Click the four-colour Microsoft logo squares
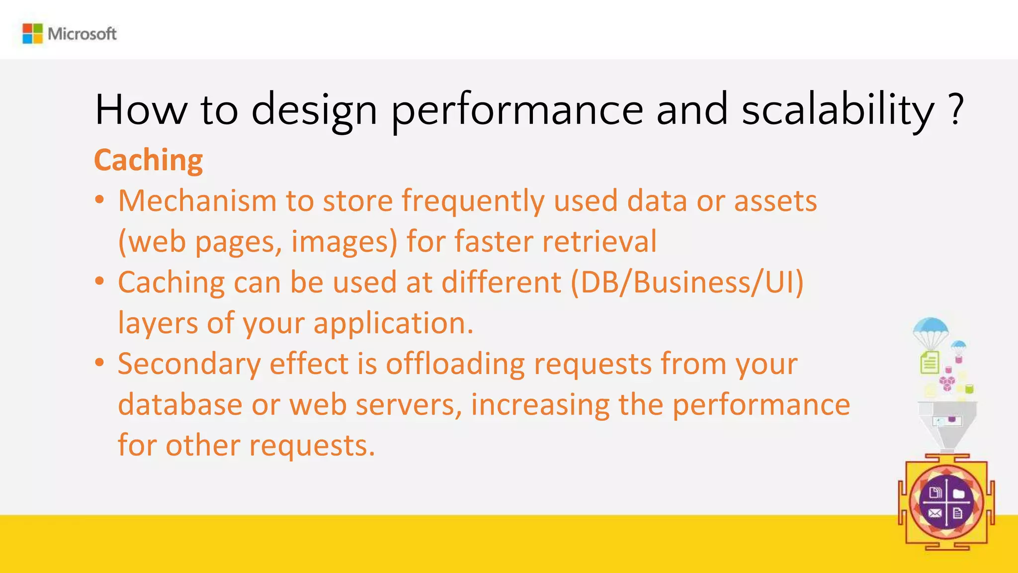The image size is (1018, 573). click(x=32, y=33)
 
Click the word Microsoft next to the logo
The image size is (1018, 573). click(x=82, y=34)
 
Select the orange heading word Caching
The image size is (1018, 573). click(x=148, y=160)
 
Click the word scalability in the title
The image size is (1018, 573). click(x=838, y=109)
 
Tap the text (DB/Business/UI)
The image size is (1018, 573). click(x=686, y=283)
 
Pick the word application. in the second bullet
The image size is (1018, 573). click(x=393, y=324)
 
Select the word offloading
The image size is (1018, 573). click(x=455, y=364)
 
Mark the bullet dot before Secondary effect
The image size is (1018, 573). click(x=100, y=363)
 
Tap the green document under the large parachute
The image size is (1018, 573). click(x=930, y=362)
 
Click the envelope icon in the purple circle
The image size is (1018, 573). click(x=935, y=513)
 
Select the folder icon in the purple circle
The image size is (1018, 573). click(x=959, y=493)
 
